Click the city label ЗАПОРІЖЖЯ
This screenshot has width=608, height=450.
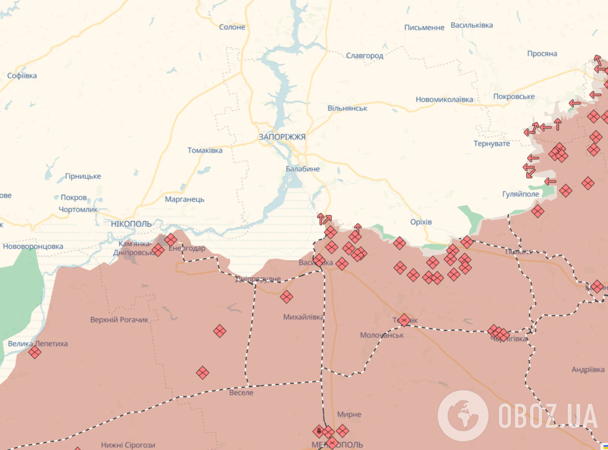pyautogui.click(x=282, y=137)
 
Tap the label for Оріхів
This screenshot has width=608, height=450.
pyautogui.click(x=421, y=222)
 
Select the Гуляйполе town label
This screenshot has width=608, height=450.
pyautogui.click(x=520, y=194)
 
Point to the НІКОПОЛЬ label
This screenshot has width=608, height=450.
pyautogui.click(x=131, y=224)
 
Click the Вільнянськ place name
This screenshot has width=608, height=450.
pyautogui.click(x=347, y=108)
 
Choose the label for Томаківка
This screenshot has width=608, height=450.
pyautogui.click(x=205, y=150)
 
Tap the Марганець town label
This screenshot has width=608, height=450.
pyautogui.click(x=185, y=199)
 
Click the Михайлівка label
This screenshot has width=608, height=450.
pyautogui.click(x=303, y=317)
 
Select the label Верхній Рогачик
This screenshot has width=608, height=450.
pyautogui.click(x=119, y=319)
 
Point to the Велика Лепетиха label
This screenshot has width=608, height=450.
pyautogui.click(x=38, y=344)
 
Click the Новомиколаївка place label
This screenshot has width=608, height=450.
pyautogui.click(x=444, y=100)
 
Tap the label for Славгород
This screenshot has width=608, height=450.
pyautogui.click(x=365, y=56)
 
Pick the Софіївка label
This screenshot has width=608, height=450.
pyautogui.click(x=22, y=76)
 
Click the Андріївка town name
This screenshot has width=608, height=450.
pyautogui.click(x=588, y=369)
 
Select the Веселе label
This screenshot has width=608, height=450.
pyautogui.click(x=241, y=392)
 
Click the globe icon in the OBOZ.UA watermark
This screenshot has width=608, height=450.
pyautogui.click(x=463, y=415)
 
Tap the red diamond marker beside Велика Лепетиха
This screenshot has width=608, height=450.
pyautogui.click(x=35, y=352)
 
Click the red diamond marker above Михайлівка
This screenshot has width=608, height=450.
pyautogui.click(x=286, y=297)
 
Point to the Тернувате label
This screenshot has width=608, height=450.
pyautogui.click(x=492, y=144)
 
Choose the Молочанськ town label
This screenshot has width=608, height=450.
pyautogui.click(x=382, y=335)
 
